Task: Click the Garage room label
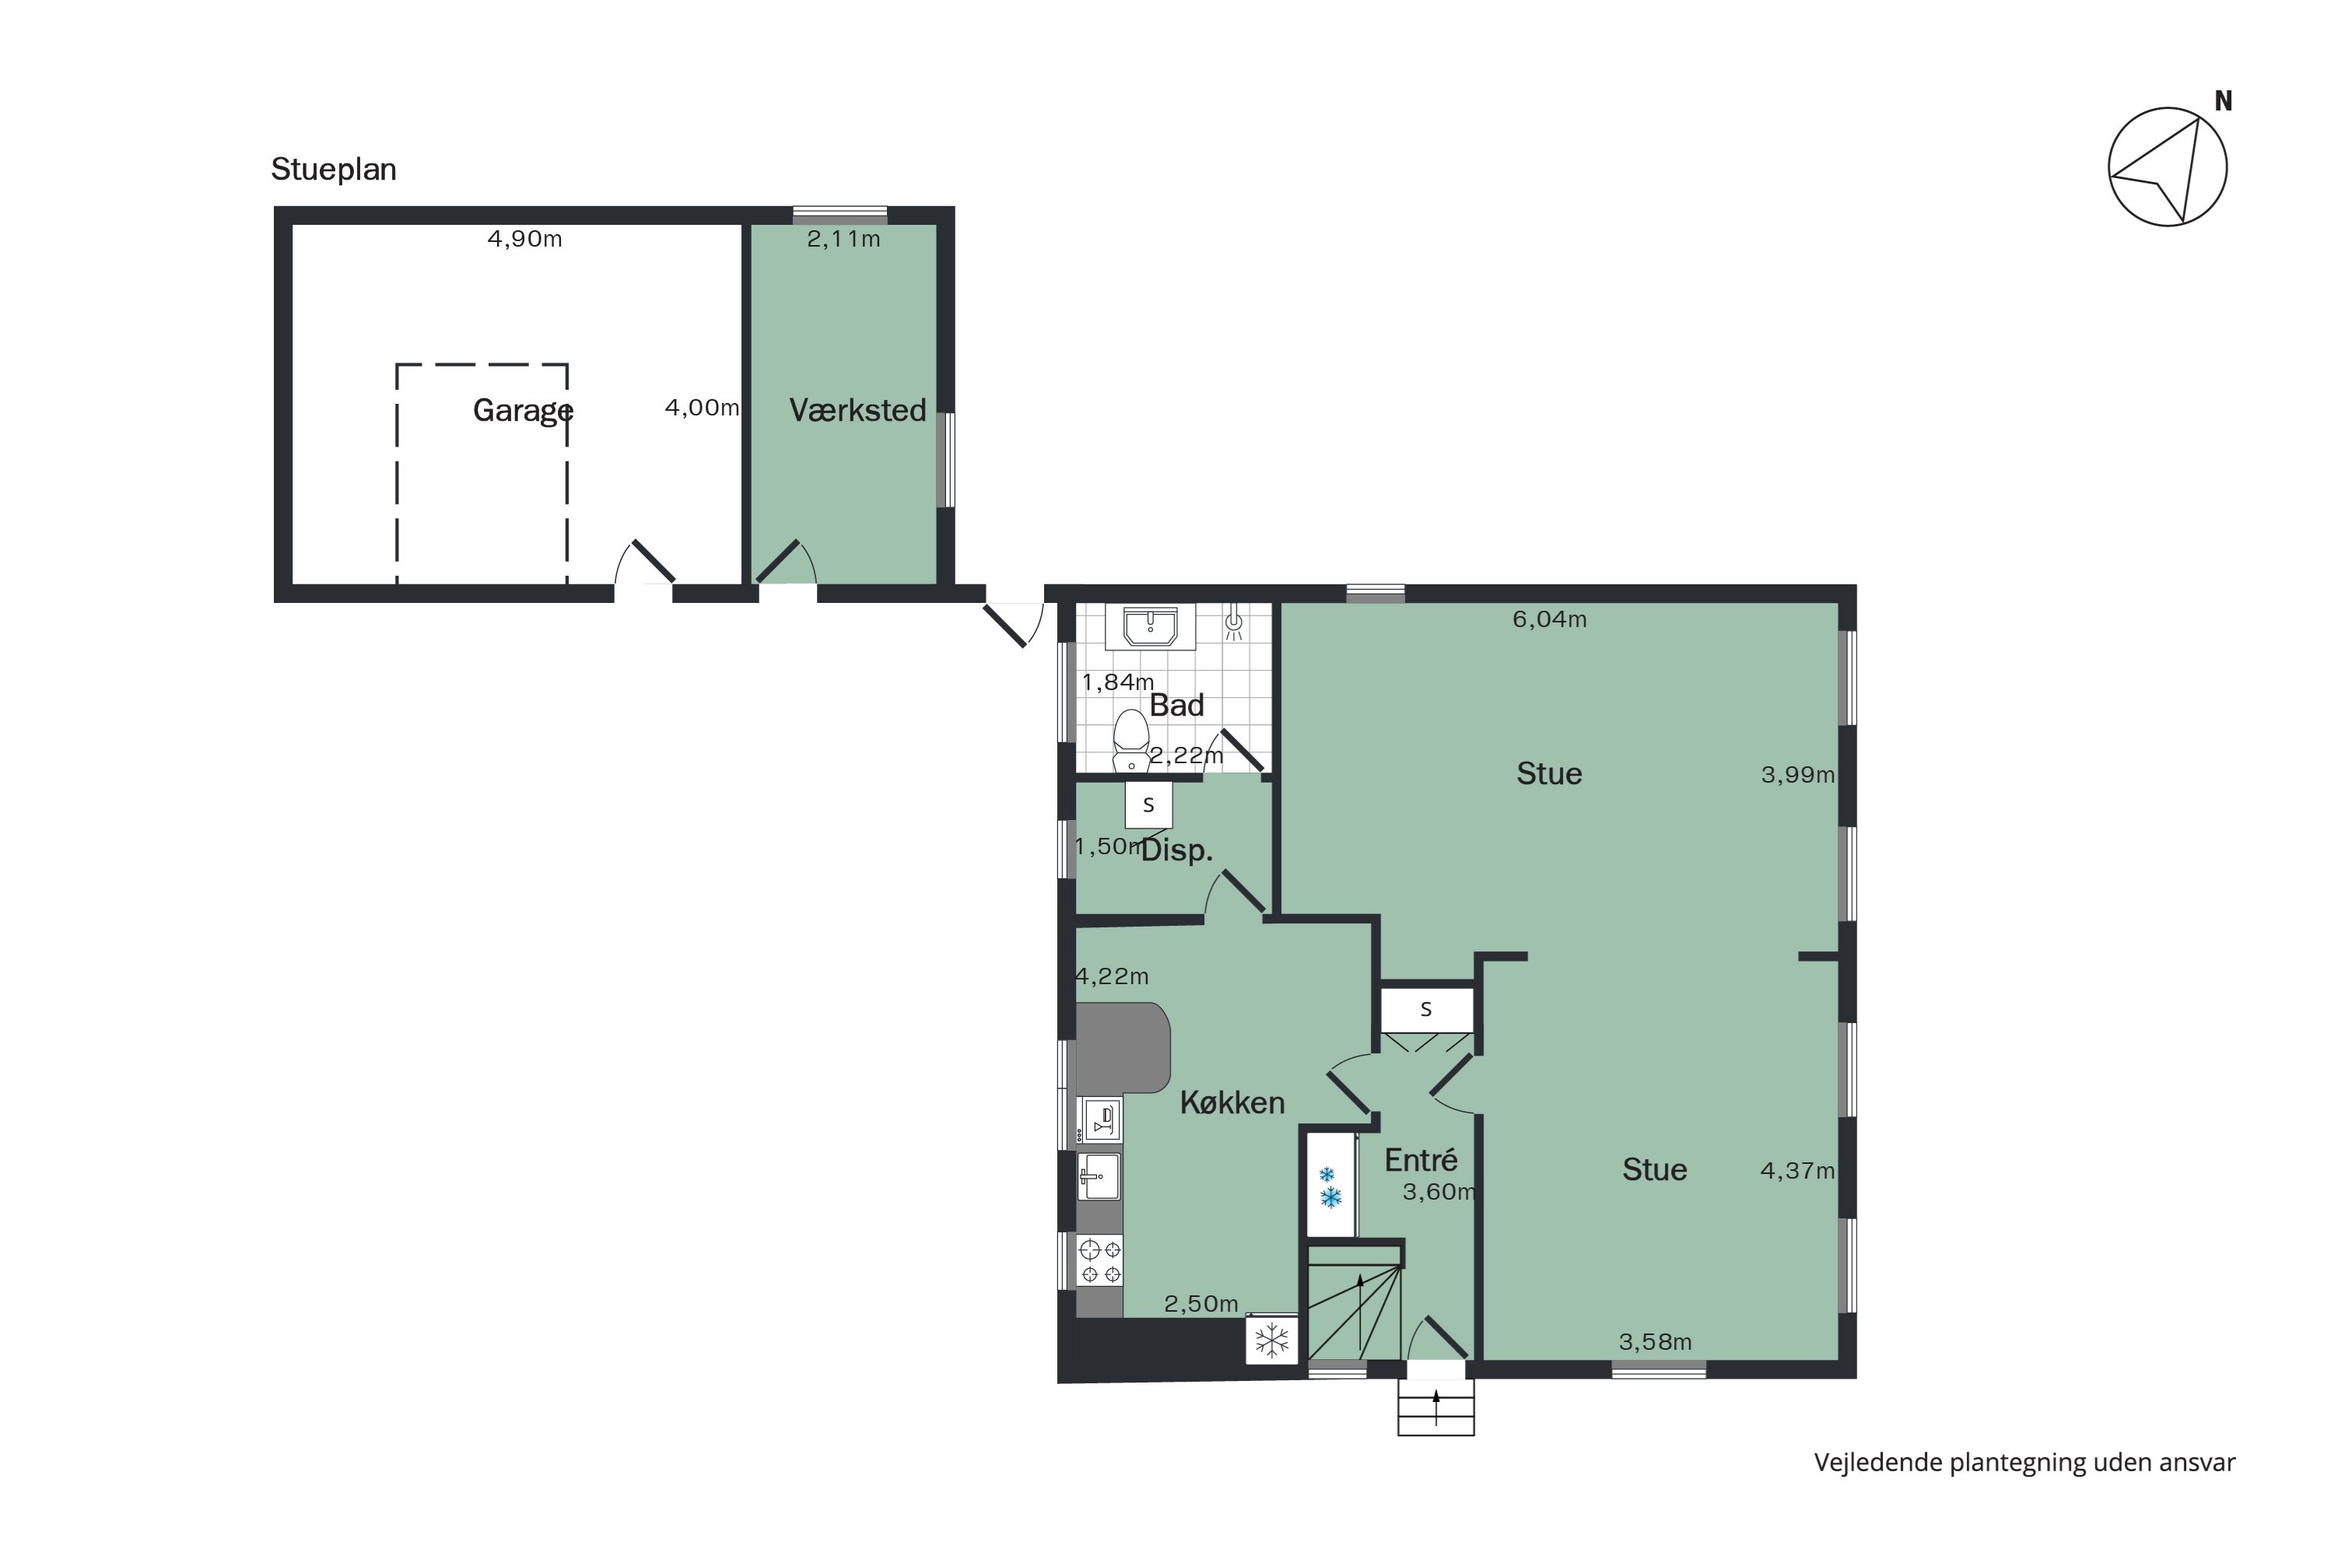522,410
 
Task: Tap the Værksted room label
857,410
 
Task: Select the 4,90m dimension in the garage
524,239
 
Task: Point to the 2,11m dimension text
843,239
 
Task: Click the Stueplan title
334,170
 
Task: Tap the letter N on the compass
2223,101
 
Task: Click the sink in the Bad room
1150,627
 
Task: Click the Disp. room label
1177,850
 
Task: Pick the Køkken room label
1232,1102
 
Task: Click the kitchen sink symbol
1099,1177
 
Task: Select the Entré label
1420,1160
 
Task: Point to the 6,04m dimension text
1549,620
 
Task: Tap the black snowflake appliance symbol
1271,1340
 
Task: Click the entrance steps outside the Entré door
1435,1407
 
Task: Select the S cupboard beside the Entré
1426,1010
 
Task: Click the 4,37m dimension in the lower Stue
1796,1171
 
